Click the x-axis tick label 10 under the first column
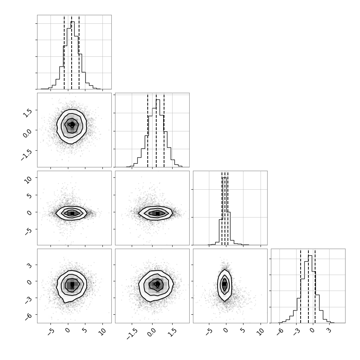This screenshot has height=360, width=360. [103, 332]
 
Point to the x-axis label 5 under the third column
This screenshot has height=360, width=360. [243, 331]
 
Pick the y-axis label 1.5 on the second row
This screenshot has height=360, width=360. [27, 113]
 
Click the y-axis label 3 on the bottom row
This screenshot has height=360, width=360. [29, 266]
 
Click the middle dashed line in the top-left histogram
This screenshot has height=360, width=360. [72, 52]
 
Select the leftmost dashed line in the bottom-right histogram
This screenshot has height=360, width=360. [301, 286]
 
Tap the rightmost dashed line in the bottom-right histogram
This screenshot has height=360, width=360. [315, 286]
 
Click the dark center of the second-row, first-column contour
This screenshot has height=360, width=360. [72, 124]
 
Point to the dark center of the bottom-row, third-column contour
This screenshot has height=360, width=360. [224, 284]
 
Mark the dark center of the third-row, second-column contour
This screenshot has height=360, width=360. [157, 213]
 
